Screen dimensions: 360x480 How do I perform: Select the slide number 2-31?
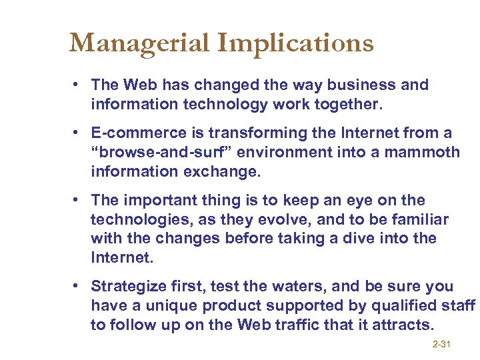[441, 344]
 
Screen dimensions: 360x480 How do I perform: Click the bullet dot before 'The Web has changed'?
[78, 85]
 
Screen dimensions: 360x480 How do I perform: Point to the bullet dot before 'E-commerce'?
[78, 133]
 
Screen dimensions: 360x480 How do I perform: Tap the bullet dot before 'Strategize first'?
[78, 286]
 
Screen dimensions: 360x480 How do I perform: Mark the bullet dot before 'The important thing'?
[78, 200]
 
